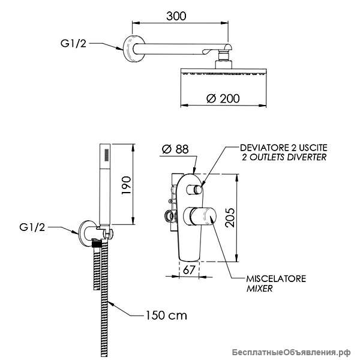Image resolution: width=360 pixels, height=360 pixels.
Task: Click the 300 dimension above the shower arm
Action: pyautogui.click(x=176, y=16)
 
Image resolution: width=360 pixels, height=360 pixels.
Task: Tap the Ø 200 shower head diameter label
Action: pyautogui.click(x=223, y=98)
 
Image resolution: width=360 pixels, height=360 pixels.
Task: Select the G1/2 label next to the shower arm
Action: pyautogui.click(x=73, y=43)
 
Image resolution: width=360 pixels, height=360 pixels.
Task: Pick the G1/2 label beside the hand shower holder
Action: pyautogui.click(x=32, y=227)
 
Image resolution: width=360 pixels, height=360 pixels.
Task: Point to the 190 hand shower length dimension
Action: pyautogui.click(x=126, y=185)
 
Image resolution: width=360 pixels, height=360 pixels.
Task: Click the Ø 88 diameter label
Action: pyautogui.click(x=175, y=149)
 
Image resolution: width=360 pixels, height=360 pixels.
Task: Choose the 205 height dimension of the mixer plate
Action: pyautogui.click(x=230, y=218)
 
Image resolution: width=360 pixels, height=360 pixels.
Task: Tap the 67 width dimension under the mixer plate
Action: pyautogui.click(x=189, y=270)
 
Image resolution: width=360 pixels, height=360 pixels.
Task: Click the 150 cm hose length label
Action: pyautogui.click(x=166, y=315)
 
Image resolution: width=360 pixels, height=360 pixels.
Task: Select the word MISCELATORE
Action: pyautogui.click(x=276, y=279)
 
